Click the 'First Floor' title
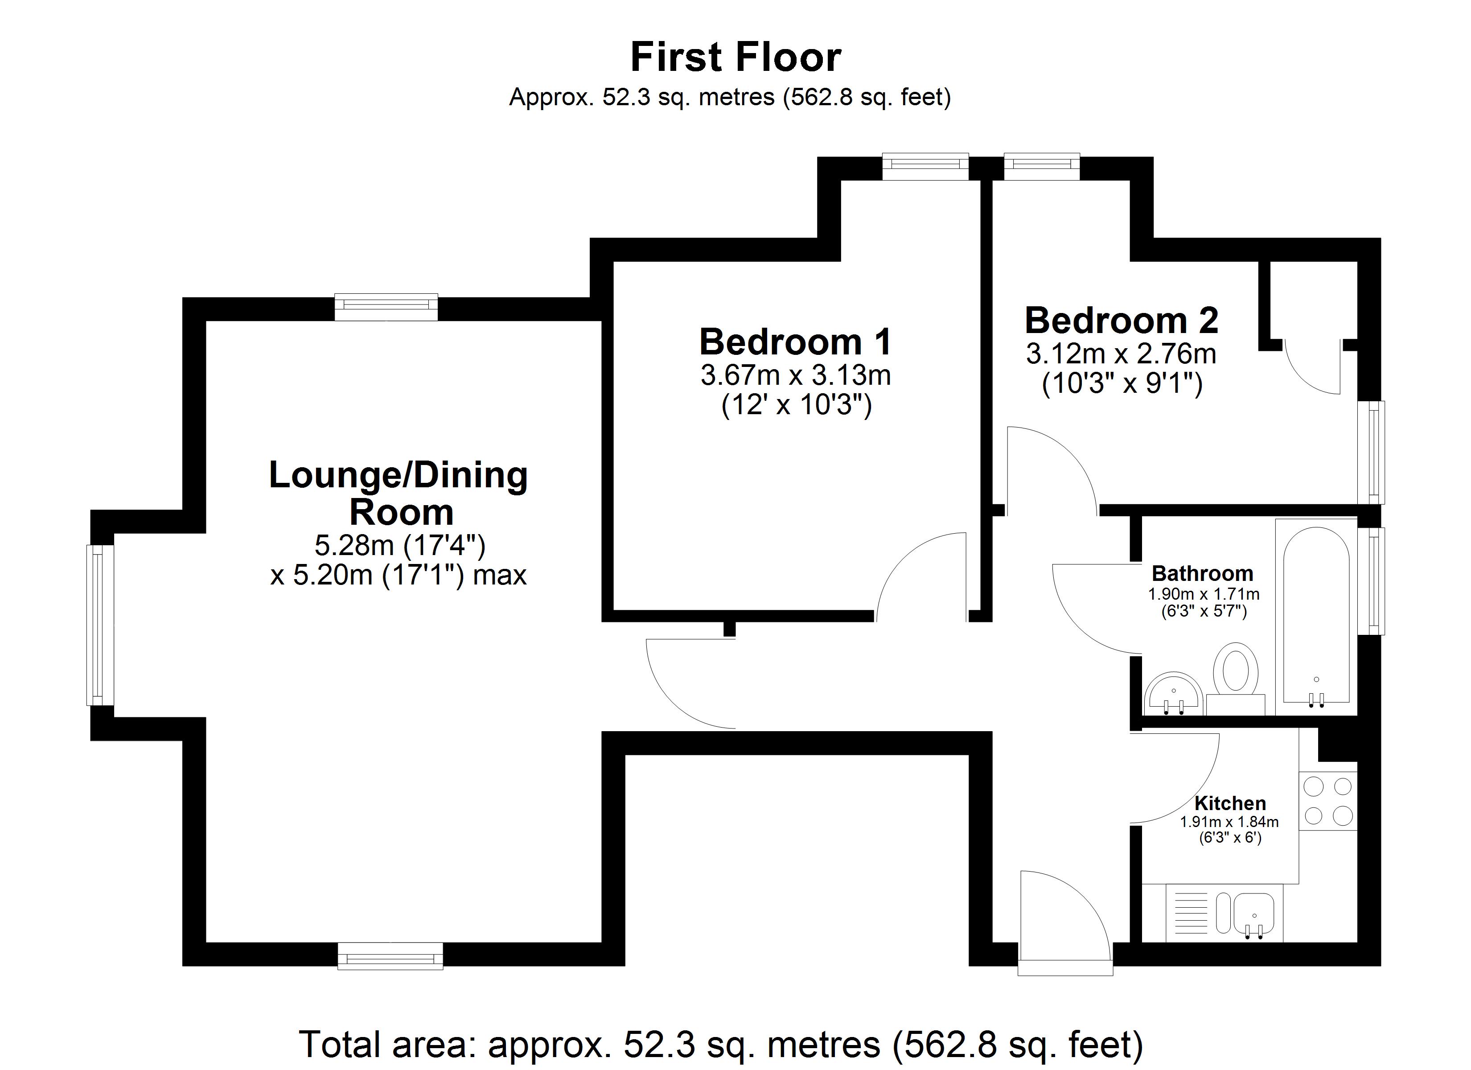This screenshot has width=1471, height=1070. [x=735, y=57]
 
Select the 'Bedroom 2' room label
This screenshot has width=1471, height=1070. [x=1122, y=320]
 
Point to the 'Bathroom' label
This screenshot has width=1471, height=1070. [x=1203, y=574]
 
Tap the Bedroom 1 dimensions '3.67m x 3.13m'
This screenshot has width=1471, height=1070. [x=795, y=376]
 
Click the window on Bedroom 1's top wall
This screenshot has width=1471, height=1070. [x=925, y=166]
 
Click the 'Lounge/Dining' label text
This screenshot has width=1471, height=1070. [x=398, y=476]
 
